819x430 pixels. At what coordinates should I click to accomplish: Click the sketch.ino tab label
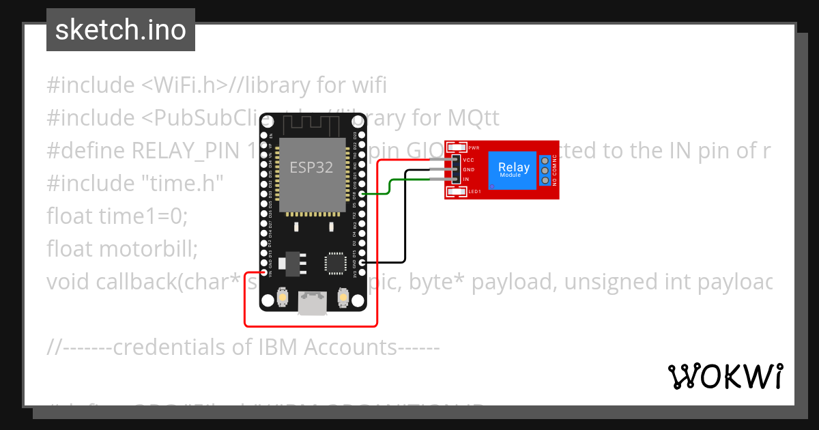tap(120, 30)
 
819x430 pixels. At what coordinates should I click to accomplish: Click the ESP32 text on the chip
tap(311, 167)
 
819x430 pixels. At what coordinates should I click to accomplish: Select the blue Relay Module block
tap(513, 169)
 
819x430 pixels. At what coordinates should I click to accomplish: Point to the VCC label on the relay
tap(469, 160)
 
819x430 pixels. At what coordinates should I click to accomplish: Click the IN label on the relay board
tap(466, 179)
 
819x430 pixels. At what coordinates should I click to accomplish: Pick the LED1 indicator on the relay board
tap(456, 192)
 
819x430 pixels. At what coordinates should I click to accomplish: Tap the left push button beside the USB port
tap(283, 298)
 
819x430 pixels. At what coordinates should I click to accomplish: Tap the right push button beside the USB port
tap(344, 298)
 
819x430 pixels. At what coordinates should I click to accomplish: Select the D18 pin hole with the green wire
tap(362, 195)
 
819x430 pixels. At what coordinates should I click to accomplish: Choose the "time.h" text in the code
tap(191, 184)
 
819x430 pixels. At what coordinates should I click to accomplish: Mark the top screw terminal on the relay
tap(545, 160)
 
